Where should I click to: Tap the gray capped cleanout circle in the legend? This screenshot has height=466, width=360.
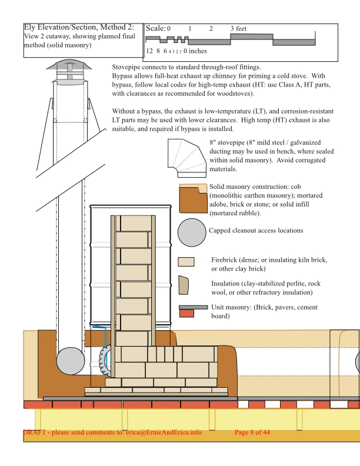point(192,232)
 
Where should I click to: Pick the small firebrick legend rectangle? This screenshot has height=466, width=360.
point(186,262)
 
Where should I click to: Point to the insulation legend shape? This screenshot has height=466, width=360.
point(184,285)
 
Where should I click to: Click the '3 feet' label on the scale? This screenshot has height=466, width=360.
point(238,28)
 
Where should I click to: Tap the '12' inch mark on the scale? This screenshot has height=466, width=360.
point(149,51)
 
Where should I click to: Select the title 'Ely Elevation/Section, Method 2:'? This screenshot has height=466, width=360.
point(79,27)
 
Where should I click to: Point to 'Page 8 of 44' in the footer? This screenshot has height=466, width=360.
point(252,432)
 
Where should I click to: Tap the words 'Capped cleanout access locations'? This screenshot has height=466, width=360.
point(256,230)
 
